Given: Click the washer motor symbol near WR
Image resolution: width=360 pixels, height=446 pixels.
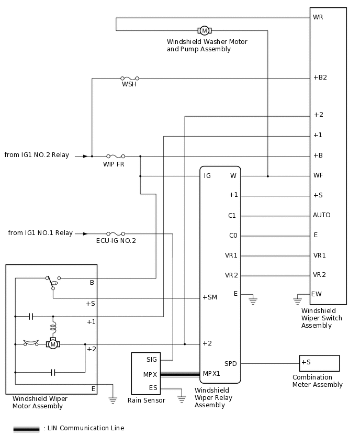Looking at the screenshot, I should (x=204, y=30).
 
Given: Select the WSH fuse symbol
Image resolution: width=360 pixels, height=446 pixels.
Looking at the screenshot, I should (x=129, y=78).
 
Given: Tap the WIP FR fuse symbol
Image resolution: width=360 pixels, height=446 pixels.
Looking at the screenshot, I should (x=116, y=156).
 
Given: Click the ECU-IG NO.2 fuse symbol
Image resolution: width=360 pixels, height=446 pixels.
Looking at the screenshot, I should (x=116, y=233).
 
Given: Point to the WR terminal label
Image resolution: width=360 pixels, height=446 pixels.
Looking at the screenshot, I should (x=318, y=17).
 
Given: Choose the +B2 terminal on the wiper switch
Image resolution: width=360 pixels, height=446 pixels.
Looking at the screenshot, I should (x=320, y=77).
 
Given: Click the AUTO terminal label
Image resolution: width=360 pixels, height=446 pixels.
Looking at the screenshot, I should (x=321, y=215).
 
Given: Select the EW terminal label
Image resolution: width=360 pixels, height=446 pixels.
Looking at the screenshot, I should (x=316, y=294).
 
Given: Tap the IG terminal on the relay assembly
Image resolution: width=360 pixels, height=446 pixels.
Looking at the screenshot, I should (x=207, y=176).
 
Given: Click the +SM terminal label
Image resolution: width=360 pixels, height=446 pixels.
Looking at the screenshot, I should (x=209, y=297).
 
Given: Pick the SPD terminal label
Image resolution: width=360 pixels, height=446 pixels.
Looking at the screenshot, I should (x=231, y=363).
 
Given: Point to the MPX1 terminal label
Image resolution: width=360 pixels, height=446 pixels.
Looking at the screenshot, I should (x=211, y=374).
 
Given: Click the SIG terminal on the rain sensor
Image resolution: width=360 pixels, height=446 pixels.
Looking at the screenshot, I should (x=151, y=359).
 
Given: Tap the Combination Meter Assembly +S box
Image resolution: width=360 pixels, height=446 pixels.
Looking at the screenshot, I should (x=319, y=363).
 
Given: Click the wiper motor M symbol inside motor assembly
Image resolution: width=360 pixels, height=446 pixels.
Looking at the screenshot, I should (x=53, y=344).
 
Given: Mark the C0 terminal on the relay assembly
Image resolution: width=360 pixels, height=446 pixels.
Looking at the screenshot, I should (x=233, y=236).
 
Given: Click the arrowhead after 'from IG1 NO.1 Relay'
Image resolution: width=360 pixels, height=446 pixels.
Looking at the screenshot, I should (x=85, y=233).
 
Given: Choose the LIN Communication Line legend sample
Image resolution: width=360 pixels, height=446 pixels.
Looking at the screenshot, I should (x=26, y=429).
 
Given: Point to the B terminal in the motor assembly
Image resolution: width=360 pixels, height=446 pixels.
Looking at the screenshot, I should (x=92, y=283).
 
